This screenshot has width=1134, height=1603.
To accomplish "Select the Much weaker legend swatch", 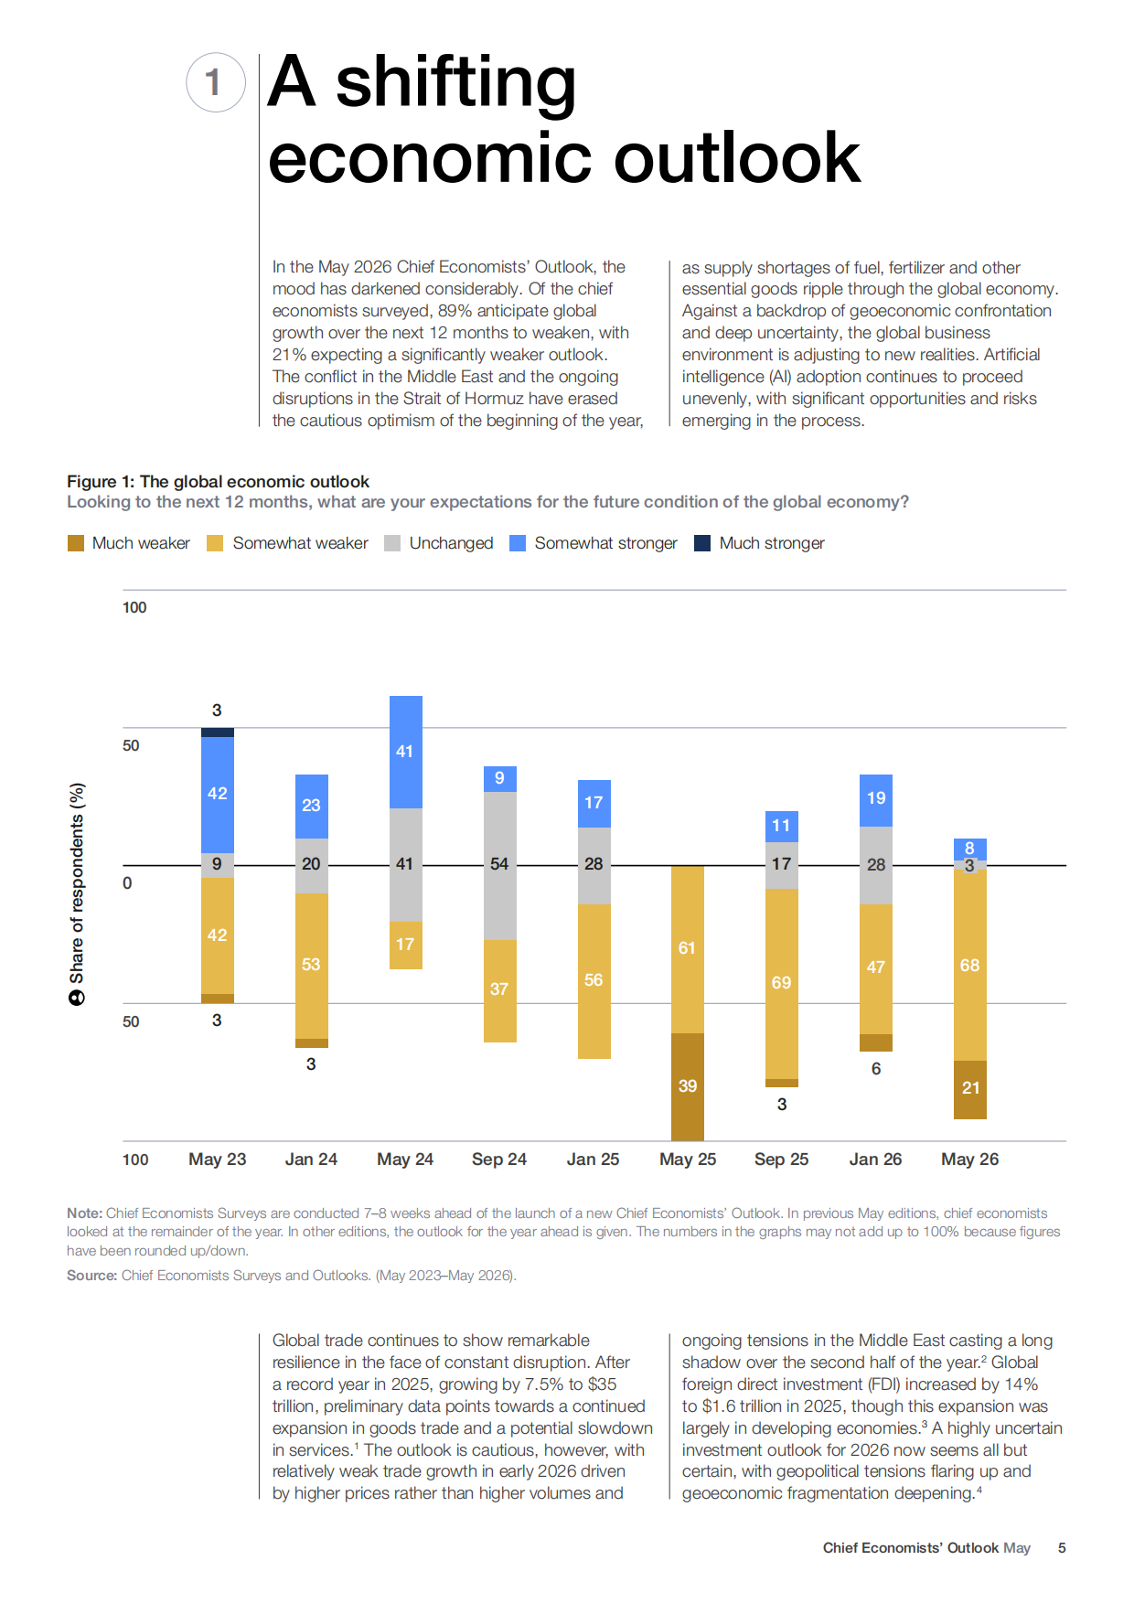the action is (x=76, y=543).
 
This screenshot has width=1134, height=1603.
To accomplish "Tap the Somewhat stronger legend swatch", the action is (x=518, y=543).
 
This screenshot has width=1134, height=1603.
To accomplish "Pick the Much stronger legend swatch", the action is (x=702, y=543).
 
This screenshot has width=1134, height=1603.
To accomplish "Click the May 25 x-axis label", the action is (x=688, y=1160).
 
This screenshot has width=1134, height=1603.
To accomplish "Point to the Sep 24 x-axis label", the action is (x=499, y=1160).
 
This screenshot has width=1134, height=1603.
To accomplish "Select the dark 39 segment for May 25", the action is (x=688, y=1087).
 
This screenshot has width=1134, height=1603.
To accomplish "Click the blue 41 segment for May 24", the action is (x=406, y=752).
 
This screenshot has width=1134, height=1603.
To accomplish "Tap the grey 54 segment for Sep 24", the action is (x=500, y=865).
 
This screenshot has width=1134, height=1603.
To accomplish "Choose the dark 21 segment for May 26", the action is (x=970, y=1090).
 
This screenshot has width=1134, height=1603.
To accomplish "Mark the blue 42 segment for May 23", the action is (x=218, y=794).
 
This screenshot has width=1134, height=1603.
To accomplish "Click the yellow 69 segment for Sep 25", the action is (x=782, y=984).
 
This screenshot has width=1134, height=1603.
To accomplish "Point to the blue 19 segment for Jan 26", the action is (x=876, y=800).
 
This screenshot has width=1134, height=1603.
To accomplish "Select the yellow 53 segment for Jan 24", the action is (x=312, y=966).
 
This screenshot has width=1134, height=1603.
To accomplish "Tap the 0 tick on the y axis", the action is (x=127, y=883).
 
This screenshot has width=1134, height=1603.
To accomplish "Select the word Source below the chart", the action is (x=92, y=1276).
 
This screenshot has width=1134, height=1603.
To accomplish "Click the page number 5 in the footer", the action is (x=1062, y=1548).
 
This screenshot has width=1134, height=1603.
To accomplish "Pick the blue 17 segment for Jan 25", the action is (x=594, y=804).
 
